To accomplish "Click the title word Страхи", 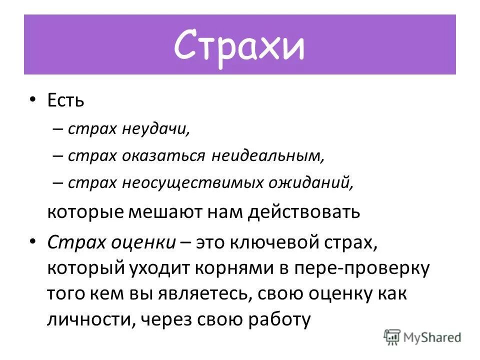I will point(239,46).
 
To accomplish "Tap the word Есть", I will point(65,101).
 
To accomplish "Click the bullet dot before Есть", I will point(33,100).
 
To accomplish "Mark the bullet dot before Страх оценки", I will point(33,241).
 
